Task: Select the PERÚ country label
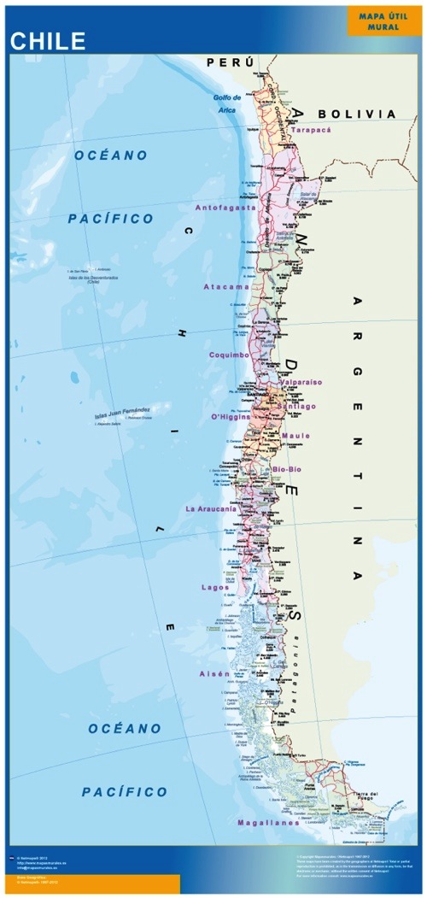pyautogui.click(x=231, y=62)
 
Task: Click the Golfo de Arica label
pyautogui.click(x=226, y=103)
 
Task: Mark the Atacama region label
pyautogui.click(x=226, y=287)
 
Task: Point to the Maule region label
pyautogui.click(x=295, y=437)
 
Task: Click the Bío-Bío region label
pyautogui.click(x=288, y=470)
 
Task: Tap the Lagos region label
pyautogui.click(x=215, y=587)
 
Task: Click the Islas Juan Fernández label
pyautogui.click(x=122, y=413)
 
